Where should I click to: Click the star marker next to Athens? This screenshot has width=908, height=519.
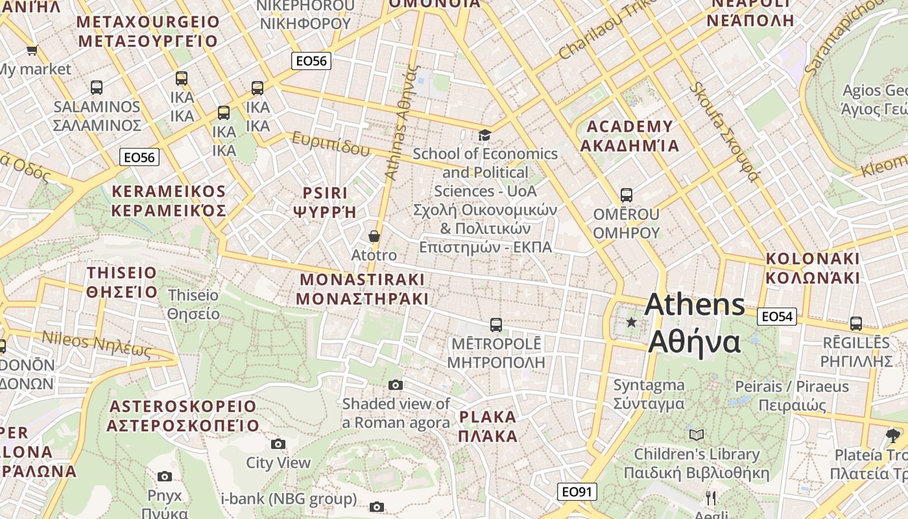click(631, 322)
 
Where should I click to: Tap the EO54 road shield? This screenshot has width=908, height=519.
click(777, 317)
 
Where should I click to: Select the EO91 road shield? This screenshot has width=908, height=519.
click(577, 492)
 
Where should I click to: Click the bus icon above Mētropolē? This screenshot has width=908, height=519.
click(496, 324)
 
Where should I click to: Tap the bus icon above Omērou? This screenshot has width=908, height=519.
click(626, 195)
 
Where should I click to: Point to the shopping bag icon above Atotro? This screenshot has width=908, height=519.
click(374, 236)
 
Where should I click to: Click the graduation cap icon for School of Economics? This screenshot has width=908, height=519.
click(484, 135)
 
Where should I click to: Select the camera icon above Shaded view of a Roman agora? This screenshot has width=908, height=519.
click(395, 385)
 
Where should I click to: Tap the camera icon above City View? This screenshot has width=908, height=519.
click(278, 444)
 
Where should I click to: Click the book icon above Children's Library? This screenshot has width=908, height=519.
click(697, 435)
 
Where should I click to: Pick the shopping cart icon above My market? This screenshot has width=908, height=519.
click(32, 50)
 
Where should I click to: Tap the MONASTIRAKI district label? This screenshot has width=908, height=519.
click(362, 289)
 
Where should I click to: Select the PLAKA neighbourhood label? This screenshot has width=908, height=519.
click(488, 426)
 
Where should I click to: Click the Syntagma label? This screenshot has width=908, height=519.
click(649, 394)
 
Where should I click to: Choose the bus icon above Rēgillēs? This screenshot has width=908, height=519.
click(855, 323)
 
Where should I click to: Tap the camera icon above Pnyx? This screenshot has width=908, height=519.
click(165, 476)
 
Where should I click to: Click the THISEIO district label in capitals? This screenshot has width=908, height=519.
click(122, 282)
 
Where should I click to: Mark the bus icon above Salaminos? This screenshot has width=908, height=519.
click(97, 87)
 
